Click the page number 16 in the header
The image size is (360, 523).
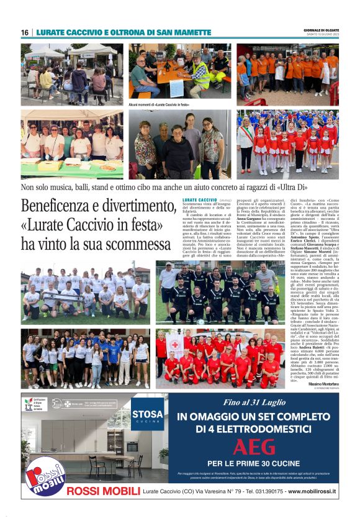(25, 32)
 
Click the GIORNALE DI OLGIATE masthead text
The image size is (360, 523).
(320, 29)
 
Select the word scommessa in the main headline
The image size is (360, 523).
(135, 243)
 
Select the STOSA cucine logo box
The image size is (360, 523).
(148, 413)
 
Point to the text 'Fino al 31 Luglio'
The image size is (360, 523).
(253, 404)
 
